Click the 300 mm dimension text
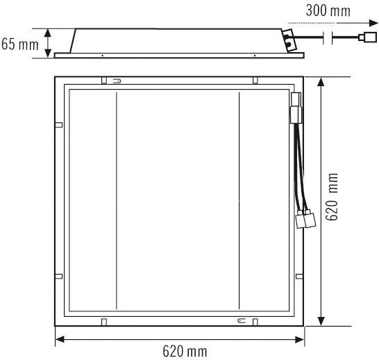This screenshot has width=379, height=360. click(328, 11)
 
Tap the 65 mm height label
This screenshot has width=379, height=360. click(20, 44)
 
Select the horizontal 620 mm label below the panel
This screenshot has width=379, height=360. click(185, 351)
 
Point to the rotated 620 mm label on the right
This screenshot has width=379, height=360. click(331, 197)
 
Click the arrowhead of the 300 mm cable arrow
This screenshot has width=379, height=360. click(373, 23)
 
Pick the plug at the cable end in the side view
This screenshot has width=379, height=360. click(367, 38)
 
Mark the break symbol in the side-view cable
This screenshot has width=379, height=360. click(328, 38)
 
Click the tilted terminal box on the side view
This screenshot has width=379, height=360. click(290, 40)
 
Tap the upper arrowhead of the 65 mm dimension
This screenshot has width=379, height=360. click(48, 33)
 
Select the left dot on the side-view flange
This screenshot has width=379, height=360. click(103, 56)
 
